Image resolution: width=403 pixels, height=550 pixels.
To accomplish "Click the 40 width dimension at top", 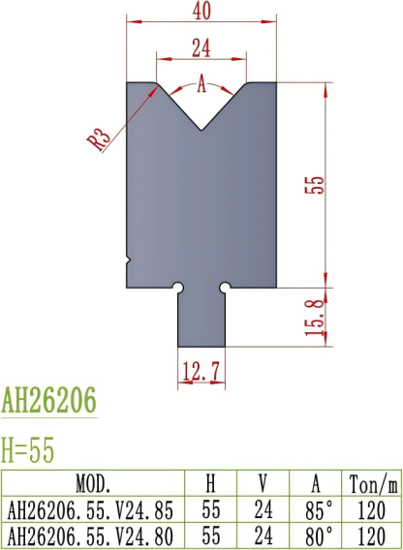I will (201, 11).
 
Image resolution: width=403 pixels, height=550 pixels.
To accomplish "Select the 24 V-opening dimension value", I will (201, 45).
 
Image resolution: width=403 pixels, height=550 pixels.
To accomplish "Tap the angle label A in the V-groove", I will (201, 84).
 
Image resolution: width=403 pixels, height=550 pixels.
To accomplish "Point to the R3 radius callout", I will (98, 137).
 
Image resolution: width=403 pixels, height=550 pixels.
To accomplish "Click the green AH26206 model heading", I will (49, 400).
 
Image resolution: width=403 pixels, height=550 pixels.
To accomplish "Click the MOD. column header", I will (93, 483).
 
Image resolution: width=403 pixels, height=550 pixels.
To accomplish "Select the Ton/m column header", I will (371, 483).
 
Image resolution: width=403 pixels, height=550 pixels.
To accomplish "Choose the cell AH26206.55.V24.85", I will (93, 507).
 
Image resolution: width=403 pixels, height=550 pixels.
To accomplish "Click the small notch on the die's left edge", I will (129, 260).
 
